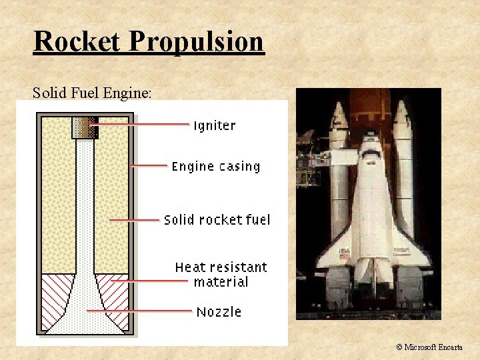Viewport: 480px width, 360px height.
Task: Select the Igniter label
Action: tap(214, 125)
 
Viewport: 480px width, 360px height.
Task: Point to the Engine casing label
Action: tap(216, 167)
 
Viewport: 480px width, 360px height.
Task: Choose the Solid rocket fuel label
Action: tap(217, 220)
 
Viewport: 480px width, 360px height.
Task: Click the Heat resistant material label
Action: tap(221, 275)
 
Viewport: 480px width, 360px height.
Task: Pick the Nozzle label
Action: tap(219, 312)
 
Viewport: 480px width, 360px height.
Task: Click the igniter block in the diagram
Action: tap(85, 127)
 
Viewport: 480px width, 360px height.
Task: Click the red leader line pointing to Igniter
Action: tap(140, 124)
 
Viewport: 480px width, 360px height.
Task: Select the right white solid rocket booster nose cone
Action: tap(402, 113)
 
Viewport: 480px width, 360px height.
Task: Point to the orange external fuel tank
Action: tap(371, 107)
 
